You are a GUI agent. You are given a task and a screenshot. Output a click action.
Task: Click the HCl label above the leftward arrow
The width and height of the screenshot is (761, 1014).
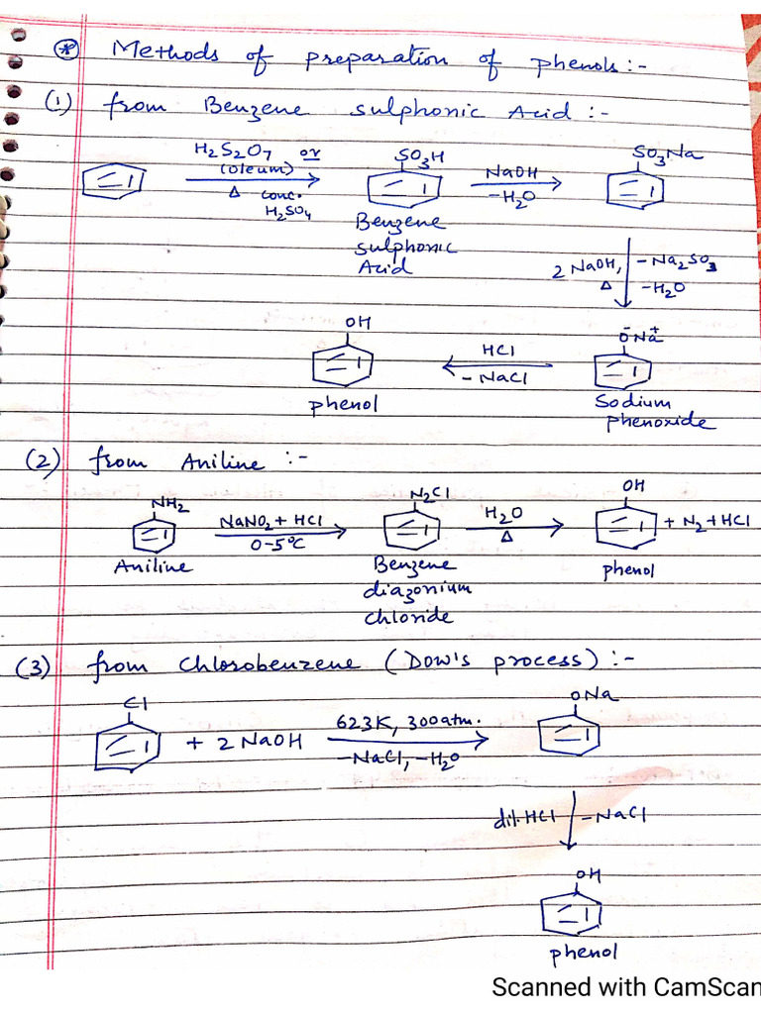tap(498, 352)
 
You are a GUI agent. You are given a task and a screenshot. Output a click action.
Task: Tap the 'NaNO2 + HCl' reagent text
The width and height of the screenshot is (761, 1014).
tap(272, 519)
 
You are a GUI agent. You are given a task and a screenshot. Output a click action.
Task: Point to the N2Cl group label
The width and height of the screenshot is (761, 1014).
tap(430, 494)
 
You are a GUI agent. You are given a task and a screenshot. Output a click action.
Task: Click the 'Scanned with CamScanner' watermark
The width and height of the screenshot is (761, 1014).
tap(624, 987)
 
